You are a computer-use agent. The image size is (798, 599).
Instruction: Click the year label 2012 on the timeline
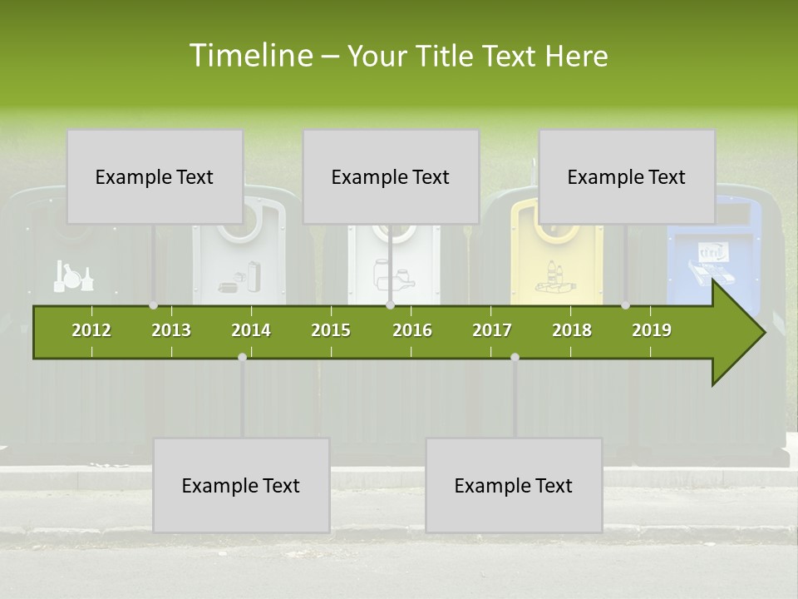tap(91, 330)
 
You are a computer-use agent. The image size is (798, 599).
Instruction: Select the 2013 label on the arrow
tap(171, 330)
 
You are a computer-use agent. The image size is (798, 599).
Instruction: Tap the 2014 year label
tap(251, 330)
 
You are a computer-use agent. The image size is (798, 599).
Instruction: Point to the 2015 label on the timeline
tap(331, 330)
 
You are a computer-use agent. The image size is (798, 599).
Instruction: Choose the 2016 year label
tap(412, 330)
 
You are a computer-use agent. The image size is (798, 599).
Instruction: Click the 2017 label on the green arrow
tap(492, 330)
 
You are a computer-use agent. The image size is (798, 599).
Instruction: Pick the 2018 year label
tap(572, 330)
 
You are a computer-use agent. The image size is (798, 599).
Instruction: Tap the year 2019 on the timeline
tap(652, 330)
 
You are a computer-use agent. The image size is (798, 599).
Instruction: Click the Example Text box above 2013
tap(155, 176)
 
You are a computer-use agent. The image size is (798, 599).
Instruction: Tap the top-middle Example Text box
tap(391, 176)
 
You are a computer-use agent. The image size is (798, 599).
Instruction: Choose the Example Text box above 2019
tap(627, 176)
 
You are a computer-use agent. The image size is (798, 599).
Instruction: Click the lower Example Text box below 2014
tap(241, 485)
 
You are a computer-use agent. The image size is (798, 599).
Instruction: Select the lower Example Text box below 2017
tap(514, 485)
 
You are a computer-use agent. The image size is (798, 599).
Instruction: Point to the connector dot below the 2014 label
tap(242, 357)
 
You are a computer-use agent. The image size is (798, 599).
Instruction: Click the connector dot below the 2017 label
tap(515, 357)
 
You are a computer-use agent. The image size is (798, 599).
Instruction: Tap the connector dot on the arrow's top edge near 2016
tap(390, 305)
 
